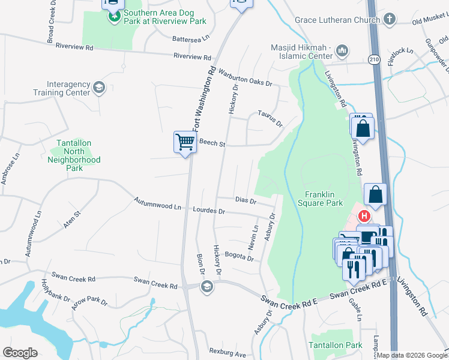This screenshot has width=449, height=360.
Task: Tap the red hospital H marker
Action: pos(363,216)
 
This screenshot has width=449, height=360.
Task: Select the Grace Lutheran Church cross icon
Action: pos(389,20)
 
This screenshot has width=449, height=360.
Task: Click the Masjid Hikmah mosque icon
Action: pos(343,50)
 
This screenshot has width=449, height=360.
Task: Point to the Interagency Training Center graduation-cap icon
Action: pos(98,88)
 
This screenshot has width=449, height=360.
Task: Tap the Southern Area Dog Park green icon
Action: pos(114,16)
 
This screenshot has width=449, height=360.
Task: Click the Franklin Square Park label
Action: pos(324,199)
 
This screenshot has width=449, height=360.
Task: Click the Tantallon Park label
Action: pos(336,345)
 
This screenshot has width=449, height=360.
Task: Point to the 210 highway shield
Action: pos(373,59)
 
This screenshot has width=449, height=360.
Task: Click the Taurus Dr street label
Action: pos(270,118)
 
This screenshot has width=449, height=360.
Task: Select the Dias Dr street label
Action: pos(246,200)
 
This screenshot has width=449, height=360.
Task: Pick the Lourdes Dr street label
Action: pos(209,211)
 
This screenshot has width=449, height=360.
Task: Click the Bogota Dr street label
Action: pos(240,256)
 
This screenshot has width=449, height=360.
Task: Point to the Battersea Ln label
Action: pos(190,37)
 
